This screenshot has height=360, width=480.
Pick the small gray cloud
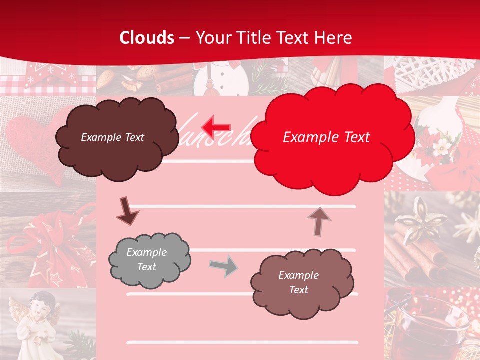point(149,260)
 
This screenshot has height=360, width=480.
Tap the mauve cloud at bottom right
point(302,283)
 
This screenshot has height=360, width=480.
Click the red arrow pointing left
point(216,127)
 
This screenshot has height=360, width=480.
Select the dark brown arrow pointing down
point(127,211)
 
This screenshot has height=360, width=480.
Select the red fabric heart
point(30,145)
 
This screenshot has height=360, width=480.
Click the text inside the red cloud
point(326,137)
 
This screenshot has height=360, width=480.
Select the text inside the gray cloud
point(146,259)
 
